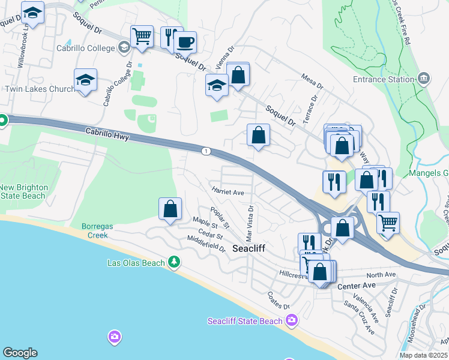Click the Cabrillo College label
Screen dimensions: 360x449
(x=85, y=48)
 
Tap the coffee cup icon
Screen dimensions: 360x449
(x=185, y=42)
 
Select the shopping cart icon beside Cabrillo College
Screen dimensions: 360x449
(x=142, y=35)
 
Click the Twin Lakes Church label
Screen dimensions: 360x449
(x=40, y=89)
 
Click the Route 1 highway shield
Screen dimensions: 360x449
(x=206, y=151)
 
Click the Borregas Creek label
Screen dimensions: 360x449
(x=95, y=231)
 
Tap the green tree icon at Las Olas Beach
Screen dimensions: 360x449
(x=174, y=262)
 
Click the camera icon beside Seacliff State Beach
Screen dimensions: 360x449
(x=292, y=319)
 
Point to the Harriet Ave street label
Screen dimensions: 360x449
(x=228, y=192)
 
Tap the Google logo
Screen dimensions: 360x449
(x=20, y=353)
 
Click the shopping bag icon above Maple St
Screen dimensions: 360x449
(x=170, y=209)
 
